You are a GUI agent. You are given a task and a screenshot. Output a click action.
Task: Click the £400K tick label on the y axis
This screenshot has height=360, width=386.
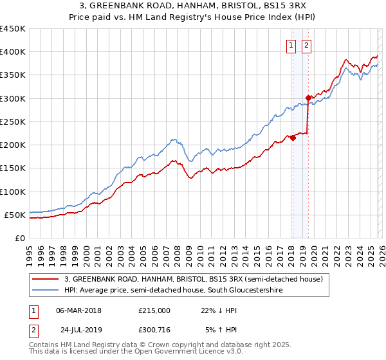click(x=13, y=52)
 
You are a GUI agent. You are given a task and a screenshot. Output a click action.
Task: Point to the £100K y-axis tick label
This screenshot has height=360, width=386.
click(x=13, y=192)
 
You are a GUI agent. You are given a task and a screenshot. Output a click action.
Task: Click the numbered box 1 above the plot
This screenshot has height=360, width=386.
click(x=291, y=45)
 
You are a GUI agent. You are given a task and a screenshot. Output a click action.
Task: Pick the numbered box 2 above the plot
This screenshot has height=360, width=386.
click(x=306, y=45)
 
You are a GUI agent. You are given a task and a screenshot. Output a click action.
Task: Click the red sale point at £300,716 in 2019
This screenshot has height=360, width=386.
click(x=308, y=98)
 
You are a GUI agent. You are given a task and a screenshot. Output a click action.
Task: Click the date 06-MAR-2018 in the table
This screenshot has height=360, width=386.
click(x=78, y=310)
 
